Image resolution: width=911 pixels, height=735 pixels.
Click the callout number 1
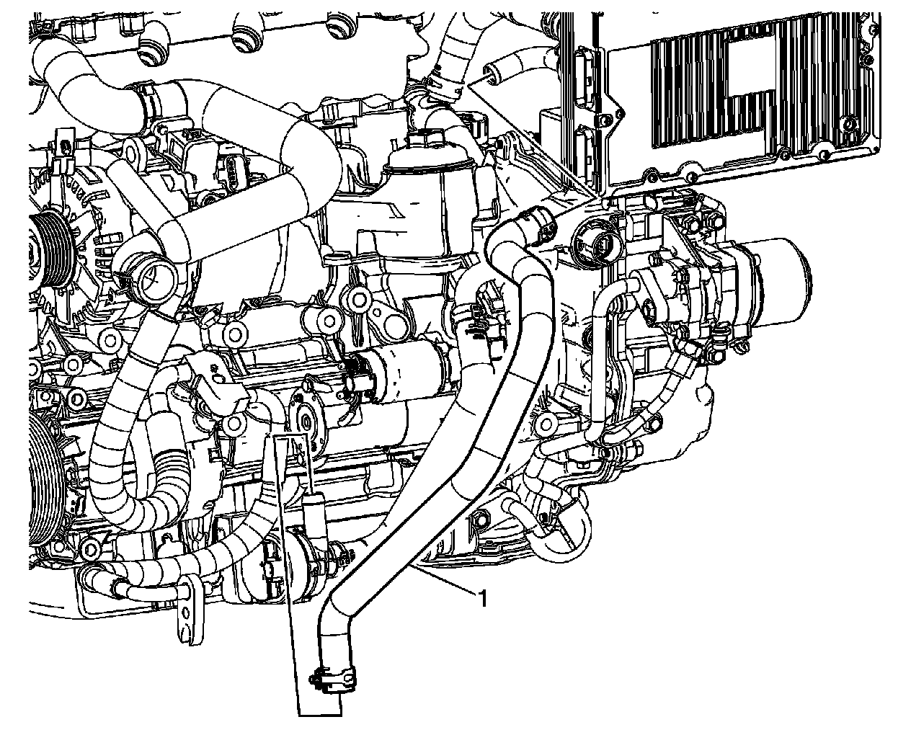click(483, 599)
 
